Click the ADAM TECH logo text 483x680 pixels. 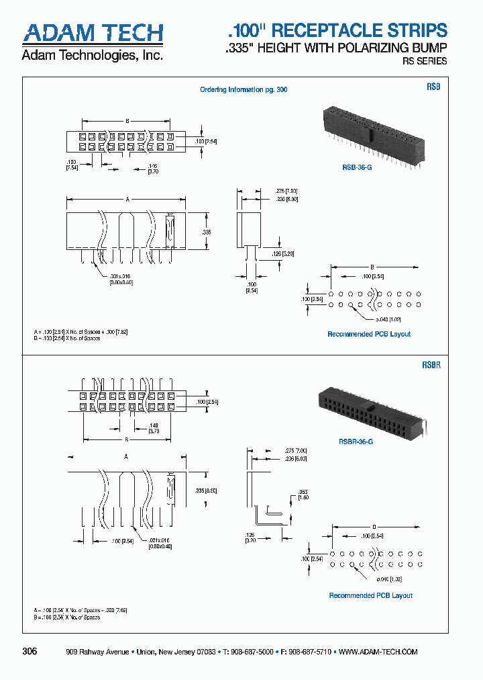tap(93, 33)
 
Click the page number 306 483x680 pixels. tap(30, 651)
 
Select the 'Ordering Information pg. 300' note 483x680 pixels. tap(244, 90)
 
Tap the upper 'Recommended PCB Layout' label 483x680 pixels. tap(369, 334)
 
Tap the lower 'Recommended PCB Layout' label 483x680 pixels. tap(370, 595)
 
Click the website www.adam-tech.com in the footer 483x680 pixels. tap(378, 652)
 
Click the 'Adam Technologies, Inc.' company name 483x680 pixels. tap(92, 56)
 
